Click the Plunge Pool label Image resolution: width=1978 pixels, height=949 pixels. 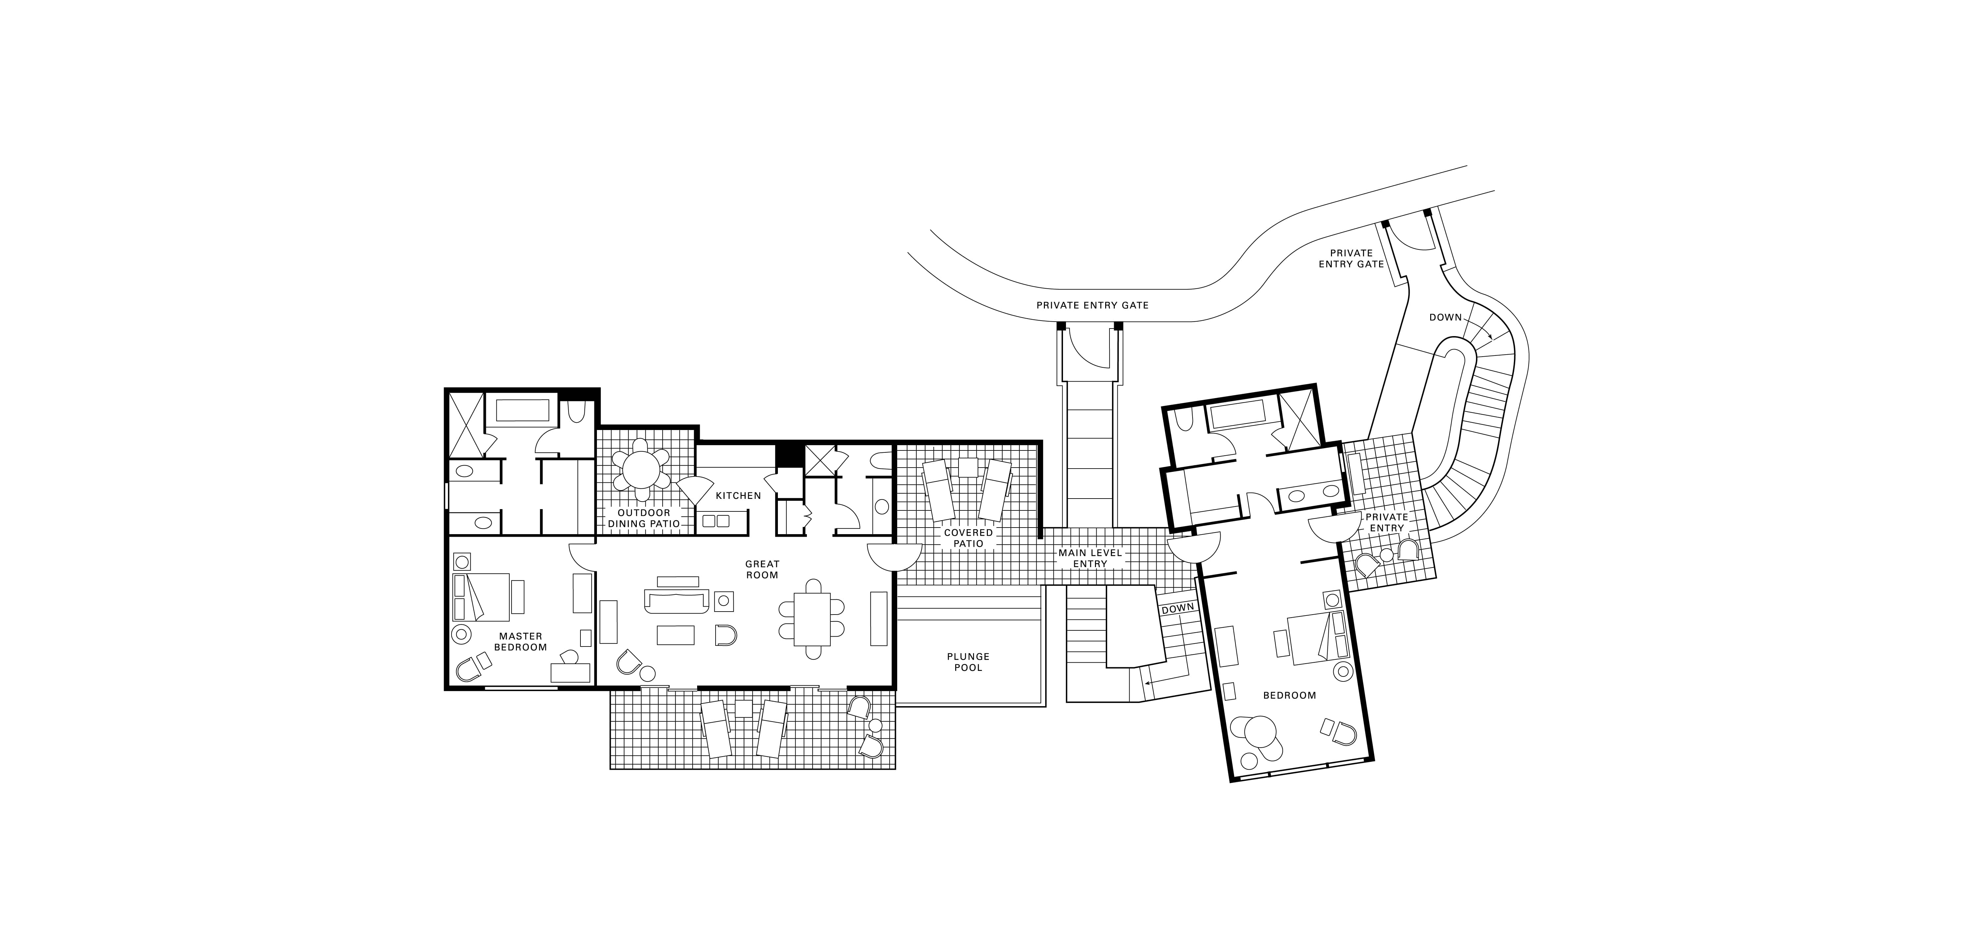tap(968, 662)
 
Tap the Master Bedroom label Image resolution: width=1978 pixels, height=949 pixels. tap(520, 641)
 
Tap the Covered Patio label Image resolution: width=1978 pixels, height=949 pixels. tap(968, 537)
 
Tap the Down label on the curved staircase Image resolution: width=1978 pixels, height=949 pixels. tap(1445, 317)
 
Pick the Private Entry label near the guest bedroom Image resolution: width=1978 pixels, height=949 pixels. tap(1387, 522)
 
